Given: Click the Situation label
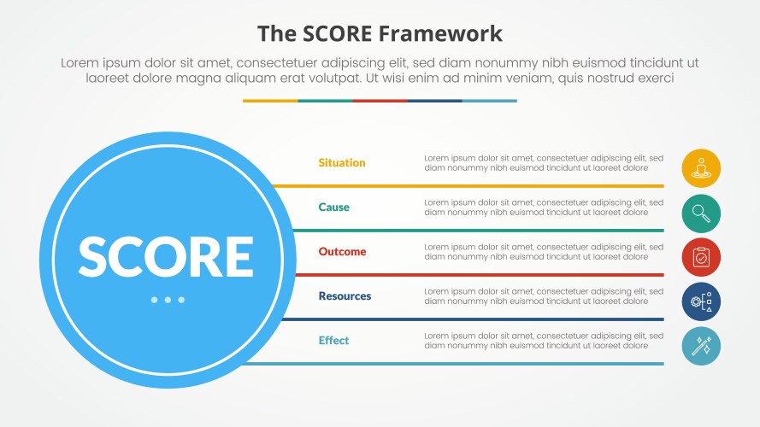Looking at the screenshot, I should [x=341, y=163].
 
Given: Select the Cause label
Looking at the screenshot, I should [x=333, y=208].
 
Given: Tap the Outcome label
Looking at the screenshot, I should [x=342, y=252].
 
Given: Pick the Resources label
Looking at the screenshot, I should [x=345, y=296].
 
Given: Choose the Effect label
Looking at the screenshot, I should [x=333, y=341].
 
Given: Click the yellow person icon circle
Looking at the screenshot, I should [x=701, y=168].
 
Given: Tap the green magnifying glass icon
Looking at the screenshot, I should [x=701, y=213].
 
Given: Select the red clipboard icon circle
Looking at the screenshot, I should [x=701, y=257].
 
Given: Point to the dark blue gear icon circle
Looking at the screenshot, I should [x=701, y=301].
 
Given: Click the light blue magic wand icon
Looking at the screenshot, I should [x=701, y=346].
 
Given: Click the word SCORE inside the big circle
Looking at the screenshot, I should [x=166, y=255].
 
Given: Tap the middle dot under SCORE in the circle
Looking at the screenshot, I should [x=168, y=300].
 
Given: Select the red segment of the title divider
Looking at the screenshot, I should [x=380, y=101].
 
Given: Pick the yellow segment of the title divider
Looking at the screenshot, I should [x=270, y=101].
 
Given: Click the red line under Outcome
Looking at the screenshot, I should [x=479, y=274].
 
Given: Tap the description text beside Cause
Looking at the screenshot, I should [x=543, y=208].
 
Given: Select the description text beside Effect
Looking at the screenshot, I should [x=543, y=341].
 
